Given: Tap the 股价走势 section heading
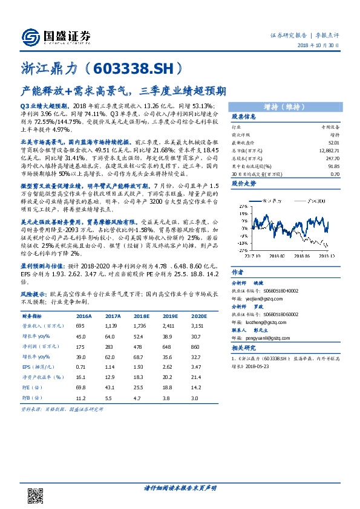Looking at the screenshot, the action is click(244, 182).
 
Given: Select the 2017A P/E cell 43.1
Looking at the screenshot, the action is click(111, 387).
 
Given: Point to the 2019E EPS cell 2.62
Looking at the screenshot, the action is click(169, 367).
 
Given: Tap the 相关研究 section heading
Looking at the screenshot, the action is click(244, 349).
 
